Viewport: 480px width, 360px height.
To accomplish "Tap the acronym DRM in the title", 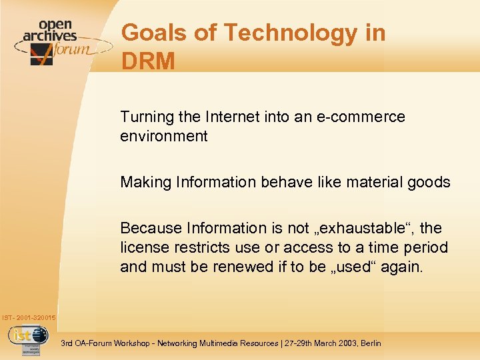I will tap(149, 61).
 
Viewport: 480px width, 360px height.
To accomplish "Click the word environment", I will tap(164, 137).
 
